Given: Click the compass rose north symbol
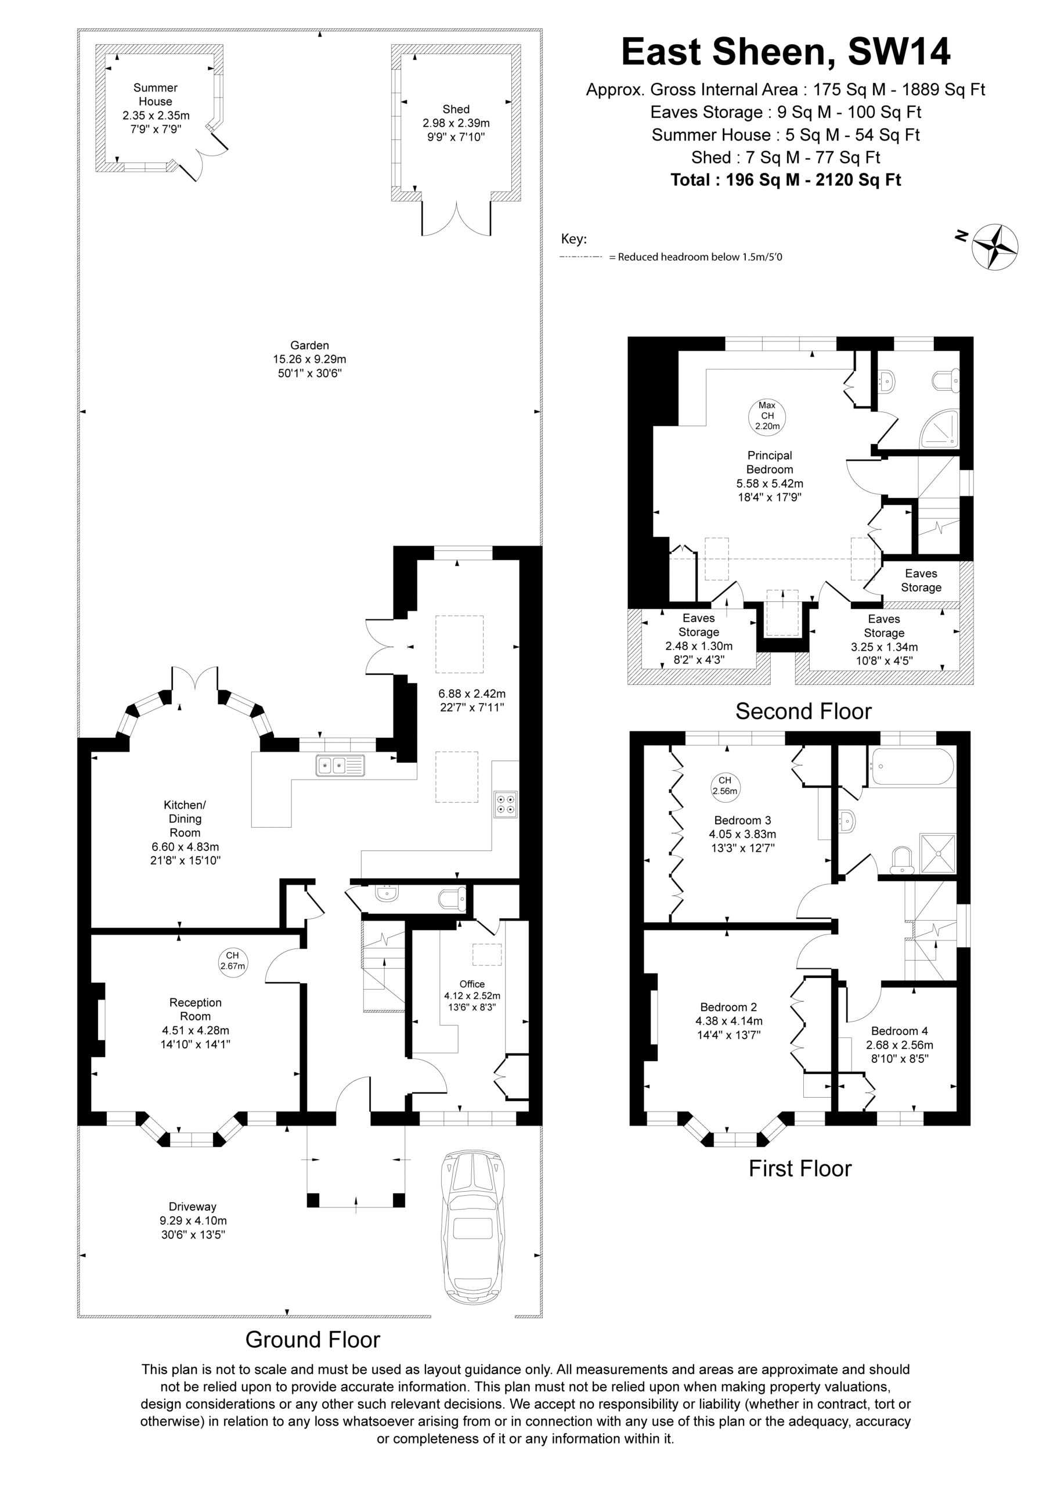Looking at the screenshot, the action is (995, 246).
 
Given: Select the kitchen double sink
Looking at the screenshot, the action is (340, 766).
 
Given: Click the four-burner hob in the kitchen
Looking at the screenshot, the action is (506, 804).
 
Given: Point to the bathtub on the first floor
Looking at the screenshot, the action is (912, 767).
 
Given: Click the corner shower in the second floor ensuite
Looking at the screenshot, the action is (939, 428).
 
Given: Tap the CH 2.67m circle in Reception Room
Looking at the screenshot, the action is (232, 961).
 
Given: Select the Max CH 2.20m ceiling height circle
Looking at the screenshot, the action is (767, 416).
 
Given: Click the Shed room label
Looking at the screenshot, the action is (456, 109).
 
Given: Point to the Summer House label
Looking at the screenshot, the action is (156, 95).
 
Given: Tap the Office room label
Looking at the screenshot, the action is (472, 984).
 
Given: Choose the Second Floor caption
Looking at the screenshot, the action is (803, 711).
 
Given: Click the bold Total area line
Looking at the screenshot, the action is (786, 180).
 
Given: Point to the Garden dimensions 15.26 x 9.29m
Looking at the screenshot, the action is (309, 359).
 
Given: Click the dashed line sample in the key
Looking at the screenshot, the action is (580, 257).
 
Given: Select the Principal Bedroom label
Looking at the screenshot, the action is (769, 462).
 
